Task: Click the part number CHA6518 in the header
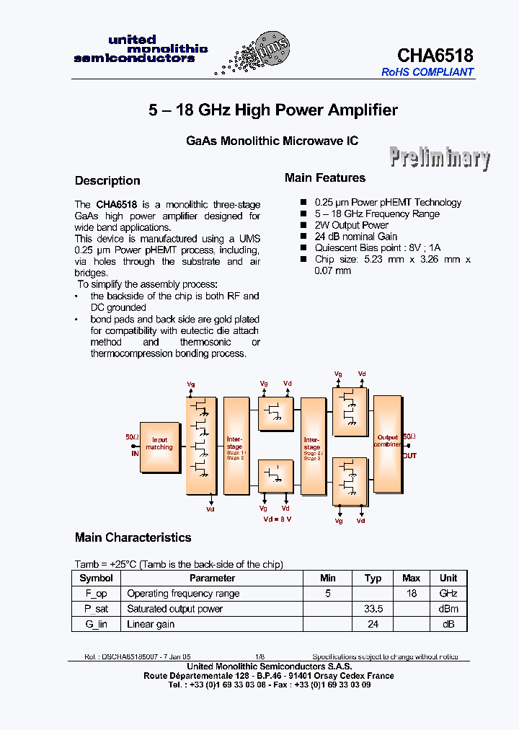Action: [435, 56]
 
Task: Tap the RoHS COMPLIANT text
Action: [427, 72]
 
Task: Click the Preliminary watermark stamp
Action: [440, 157]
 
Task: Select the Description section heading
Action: [107, 180]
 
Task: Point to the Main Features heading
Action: [324, 177]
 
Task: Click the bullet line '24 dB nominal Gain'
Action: [356, 237]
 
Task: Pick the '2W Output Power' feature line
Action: [352, 225]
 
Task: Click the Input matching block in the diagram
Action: [159, 447]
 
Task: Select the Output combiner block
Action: [387, 443]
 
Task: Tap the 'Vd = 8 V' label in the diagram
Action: [278, 519]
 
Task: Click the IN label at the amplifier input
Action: [134, 453]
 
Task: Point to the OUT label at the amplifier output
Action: [409, 456]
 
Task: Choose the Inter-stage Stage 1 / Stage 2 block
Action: [235, 446]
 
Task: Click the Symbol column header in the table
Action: [96, 578]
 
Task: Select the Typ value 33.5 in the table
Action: [373, 609]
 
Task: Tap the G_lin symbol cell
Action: [96, 624]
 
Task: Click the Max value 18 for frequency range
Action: [411, 594]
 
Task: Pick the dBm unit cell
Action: [448, 609]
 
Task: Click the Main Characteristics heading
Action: [133, 537]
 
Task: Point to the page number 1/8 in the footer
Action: [259, 657]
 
